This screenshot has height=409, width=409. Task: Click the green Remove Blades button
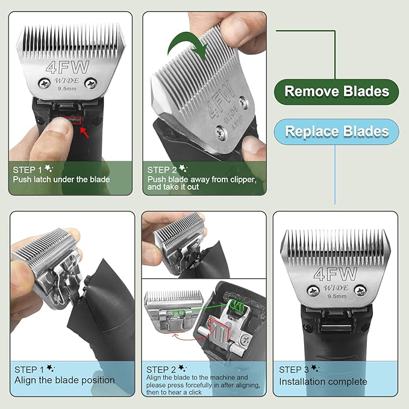pyautogui.click(x=337, y=92)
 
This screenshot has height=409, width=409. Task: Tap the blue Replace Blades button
pyautogui.click(x=337, y=131)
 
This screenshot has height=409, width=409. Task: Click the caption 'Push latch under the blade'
pyautogui.click(x=61, y=180)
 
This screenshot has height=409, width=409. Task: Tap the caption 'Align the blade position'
pyautogui.click(x=64, y=380)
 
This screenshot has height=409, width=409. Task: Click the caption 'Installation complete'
pyautogui.click(x=322, y=381)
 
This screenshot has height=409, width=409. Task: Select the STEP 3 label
pyautogui.click(x=294, y=369)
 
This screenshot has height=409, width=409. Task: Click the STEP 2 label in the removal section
pyautogui.click(x=162, y=170)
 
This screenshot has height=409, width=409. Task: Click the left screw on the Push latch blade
pyautogui.click(x=43, y=83)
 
